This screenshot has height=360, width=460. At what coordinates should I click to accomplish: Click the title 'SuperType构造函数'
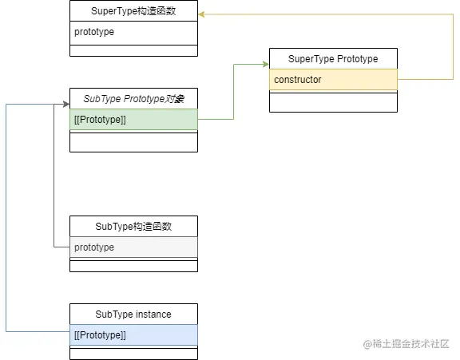pos(133,10)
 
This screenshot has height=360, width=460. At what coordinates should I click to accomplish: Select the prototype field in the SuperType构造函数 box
pos(133,33)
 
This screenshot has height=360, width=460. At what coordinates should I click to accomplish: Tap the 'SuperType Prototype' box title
pos(333,59)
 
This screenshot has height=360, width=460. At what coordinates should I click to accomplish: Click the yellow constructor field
pos(333,80)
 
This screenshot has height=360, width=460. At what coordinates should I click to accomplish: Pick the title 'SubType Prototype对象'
pos(133,99)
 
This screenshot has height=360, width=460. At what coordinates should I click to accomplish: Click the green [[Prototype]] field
pos(133,120)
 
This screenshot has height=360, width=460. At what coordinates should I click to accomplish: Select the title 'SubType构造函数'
pos(133,227)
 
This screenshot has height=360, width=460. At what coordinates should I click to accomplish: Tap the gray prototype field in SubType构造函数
pos(133,247)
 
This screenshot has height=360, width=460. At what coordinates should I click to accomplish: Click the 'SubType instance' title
pos(133,315)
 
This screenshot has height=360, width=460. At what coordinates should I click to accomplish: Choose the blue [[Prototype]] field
pos(133,334)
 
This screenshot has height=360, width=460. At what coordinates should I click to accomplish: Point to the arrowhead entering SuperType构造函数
pos(202,14)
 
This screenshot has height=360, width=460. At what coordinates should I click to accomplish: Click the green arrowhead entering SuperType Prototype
pos(265,65)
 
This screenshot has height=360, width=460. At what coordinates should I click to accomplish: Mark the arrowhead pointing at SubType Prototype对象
pos(65,104)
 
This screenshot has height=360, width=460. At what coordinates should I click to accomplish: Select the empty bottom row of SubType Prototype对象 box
pos(133,141)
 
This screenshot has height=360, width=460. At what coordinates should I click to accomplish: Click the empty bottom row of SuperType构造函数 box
pos(133,50)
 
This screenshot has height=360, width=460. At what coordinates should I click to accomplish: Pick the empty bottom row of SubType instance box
pos(133,354)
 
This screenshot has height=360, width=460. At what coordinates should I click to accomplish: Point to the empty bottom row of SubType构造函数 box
pos(133,266)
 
